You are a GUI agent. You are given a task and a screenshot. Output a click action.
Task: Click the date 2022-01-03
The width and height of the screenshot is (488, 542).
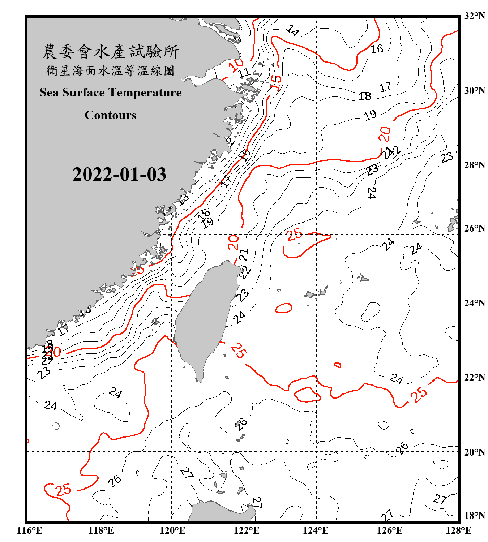[x=119, y=175]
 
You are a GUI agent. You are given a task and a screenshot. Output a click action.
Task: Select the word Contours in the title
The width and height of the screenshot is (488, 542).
[x=111, y=115]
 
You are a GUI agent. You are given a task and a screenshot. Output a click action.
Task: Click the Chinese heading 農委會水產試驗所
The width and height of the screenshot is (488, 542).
[x=111, y=51]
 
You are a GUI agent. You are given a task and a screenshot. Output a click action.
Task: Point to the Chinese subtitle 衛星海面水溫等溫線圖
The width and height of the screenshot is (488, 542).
[x=111, y=70]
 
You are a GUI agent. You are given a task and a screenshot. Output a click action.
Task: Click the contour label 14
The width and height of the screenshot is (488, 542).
[x=292, y=31]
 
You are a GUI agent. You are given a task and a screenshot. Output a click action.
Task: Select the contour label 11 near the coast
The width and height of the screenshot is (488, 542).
[x=244, y=73]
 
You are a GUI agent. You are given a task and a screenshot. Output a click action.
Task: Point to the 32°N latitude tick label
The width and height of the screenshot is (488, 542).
[x=474, y=16]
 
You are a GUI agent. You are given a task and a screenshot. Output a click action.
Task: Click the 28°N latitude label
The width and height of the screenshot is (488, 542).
[x=474, y=165]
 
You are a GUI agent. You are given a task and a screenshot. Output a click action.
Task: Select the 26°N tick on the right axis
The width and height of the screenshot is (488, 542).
[x=474, y=228]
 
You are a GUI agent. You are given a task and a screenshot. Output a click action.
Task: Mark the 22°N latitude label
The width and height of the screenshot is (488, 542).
[x=474, y=378]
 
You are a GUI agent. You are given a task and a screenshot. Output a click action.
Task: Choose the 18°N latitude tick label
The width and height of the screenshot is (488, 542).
[x=474, y=516]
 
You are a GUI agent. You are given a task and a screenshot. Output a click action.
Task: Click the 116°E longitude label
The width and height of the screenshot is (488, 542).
[x=30, y=530]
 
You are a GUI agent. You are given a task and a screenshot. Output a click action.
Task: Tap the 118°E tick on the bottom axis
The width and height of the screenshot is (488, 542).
[x=101, y=530]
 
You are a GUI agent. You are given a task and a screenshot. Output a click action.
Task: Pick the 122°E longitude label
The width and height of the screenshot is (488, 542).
[x=247, y=530]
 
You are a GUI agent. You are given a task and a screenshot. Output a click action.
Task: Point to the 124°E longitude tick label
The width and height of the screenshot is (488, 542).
[x=316, y=530]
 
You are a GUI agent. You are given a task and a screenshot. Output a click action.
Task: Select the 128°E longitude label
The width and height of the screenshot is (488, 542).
[x=458, y=530]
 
